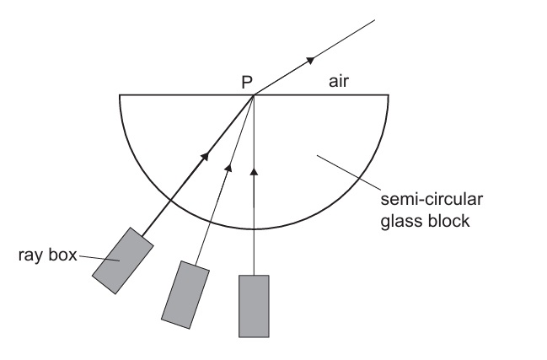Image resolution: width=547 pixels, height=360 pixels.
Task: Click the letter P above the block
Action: click(x=246, y=83)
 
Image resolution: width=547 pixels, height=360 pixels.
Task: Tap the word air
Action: click(x=343, y=83)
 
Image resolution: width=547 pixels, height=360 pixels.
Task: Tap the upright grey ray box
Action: click(x=254, y=305)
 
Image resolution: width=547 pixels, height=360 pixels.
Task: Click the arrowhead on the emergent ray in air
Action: click(x=310, y=60)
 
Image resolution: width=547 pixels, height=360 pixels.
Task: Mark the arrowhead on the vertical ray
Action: click(x=254, y=172)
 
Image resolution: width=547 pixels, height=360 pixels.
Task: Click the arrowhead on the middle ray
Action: click(x=227, y=166)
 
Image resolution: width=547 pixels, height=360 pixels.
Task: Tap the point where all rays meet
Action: click(x=254, y=94)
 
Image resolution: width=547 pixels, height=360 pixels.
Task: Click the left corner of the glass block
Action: click(x=121, y=95)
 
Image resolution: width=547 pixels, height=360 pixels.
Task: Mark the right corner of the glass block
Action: click(x=388, y=95)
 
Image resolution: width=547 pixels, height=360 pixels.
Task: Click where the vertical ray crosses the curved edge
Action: click(x=254, y=228)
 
